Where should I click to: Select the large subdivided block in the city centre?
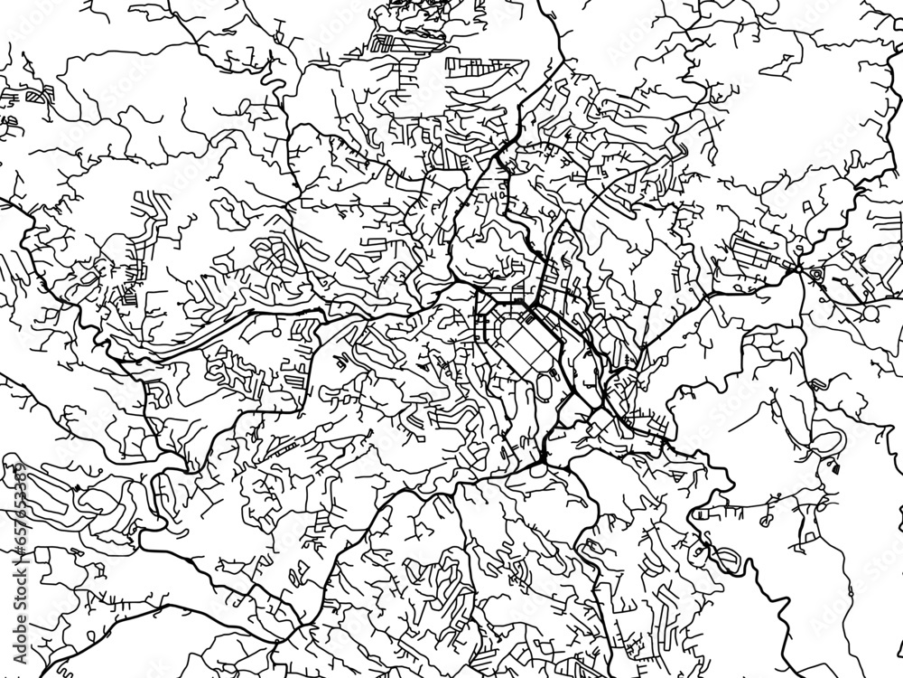tap(521, 344)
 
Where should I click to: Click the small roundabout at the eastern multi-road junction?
tap(797, 268)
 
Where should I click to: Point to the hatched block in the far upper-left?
tap(33, 93)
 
